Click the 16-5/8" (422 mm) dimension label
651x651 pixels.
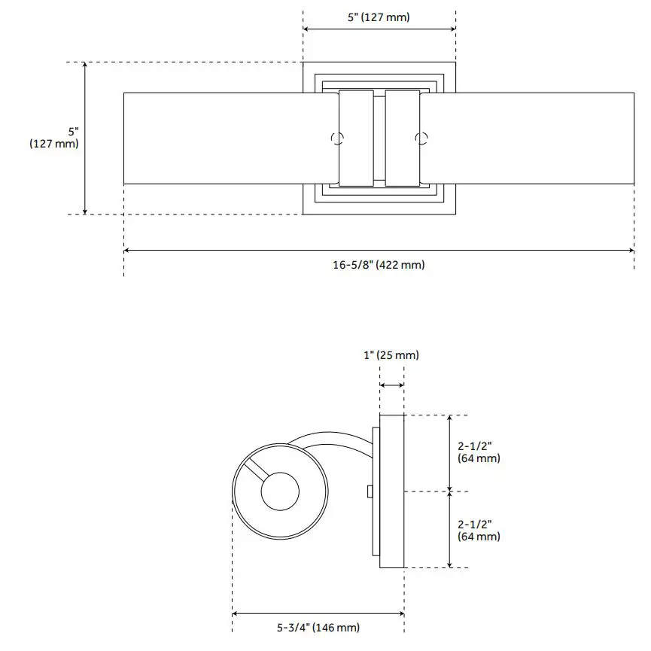point(378,264)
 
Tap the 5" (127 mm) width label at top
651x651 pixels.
point(379,17)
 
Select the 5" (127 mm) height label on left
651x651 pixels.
point(53,136)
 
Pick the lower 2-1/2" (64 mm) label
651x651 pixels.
point(478,530)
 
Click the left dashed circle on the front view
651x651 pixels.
point(337,138)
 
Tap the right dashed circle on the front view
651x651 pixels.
point(421,138)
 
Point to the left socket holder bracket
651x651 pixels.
point(355,138)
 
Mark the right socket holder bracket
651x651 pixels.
point(402,138)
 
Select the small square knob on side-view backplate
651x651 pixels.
point(370,491)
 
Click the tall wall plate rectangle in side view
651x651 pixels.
point(392,491)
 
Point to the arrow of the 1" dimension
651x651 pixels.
point(391,385)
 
